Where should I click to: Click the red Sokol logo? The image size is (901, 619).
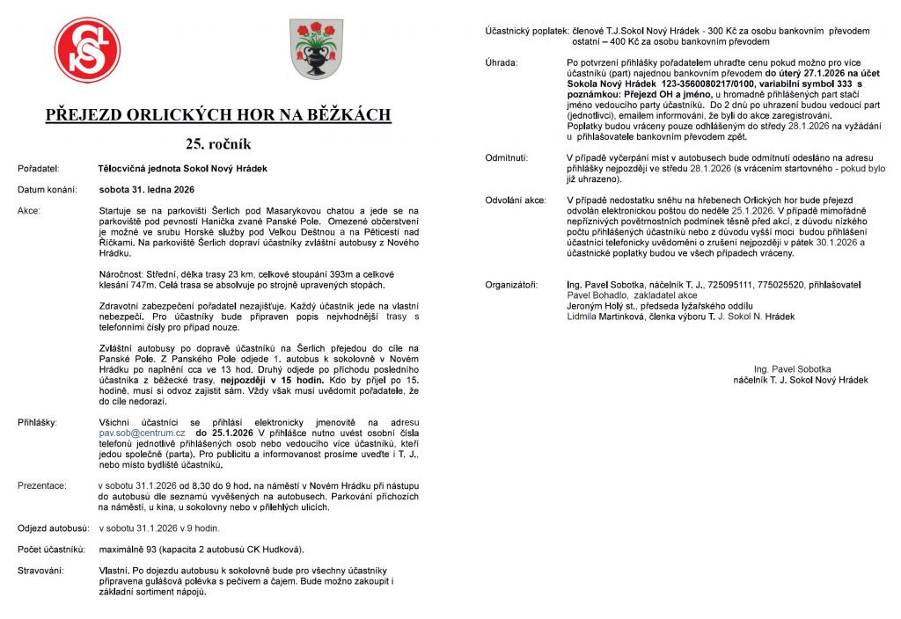[87, 50]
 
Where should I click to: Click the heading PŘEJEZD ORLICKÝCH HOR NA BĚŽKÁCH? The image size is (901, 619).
[218, 115]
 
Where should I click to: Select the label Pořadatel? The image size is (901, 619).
[38, 168]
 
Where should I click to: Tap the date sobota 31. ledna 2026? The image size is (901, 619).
[147, 189]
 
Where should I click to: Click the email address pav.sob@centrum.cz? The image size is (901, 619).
[142, 433]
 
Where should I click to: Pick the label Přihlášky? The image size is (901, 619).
[38, 423]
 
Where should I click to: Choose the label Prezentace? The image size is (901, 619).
[41, 484]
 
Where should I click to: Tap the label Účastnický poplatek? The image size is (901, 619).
[526, 31]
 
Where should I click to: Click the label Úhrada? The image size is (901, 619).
[502, 63]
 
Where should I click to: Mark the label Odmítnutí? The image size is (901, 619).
[507, 157]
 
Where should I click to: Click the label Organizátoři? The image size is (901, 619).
[511, 286]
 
